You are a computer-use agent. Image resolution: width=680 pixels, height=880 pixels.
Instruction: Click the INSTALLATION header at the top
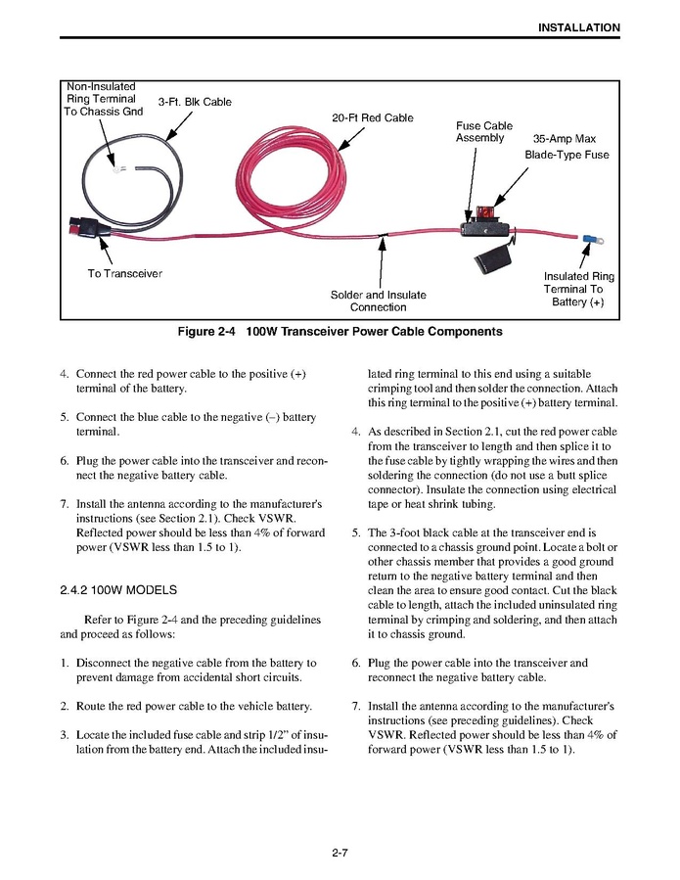click(x=578, y=27)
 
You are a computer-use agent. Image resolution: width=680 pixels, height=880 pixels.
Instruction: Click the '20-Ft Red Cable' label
click(x=372, y=118)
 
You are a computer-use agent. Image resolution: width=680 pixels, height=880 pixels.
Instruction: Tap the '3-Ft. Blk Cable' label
click(x=195, y=102)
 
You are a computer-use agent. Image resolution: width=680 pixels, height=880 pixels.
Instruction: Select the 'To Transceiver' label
click(x=124, y=273)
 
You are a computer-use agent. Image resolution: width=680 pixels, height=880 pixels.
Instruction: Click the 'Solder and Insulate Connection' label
click(x=378, y=301)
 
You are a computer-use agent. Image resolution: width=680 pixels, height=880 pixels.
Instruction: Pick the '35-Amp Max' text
click(x=564, y=139)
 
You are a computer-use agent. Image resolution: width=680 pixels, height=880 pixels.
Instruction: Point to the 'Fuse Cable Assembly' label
click(x=483, y=132)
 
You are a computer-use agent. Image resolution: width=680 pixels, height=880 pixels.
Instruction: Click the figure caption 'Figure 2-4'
click(x=207, y=332)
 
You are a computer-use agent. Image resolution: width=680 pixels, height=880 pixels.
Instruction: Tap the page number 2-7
click(x=340, y=854)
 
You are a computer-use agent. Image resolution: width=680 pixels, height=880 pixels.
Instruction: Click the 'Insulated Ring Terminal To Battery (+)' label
click(x=579, y=290)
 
